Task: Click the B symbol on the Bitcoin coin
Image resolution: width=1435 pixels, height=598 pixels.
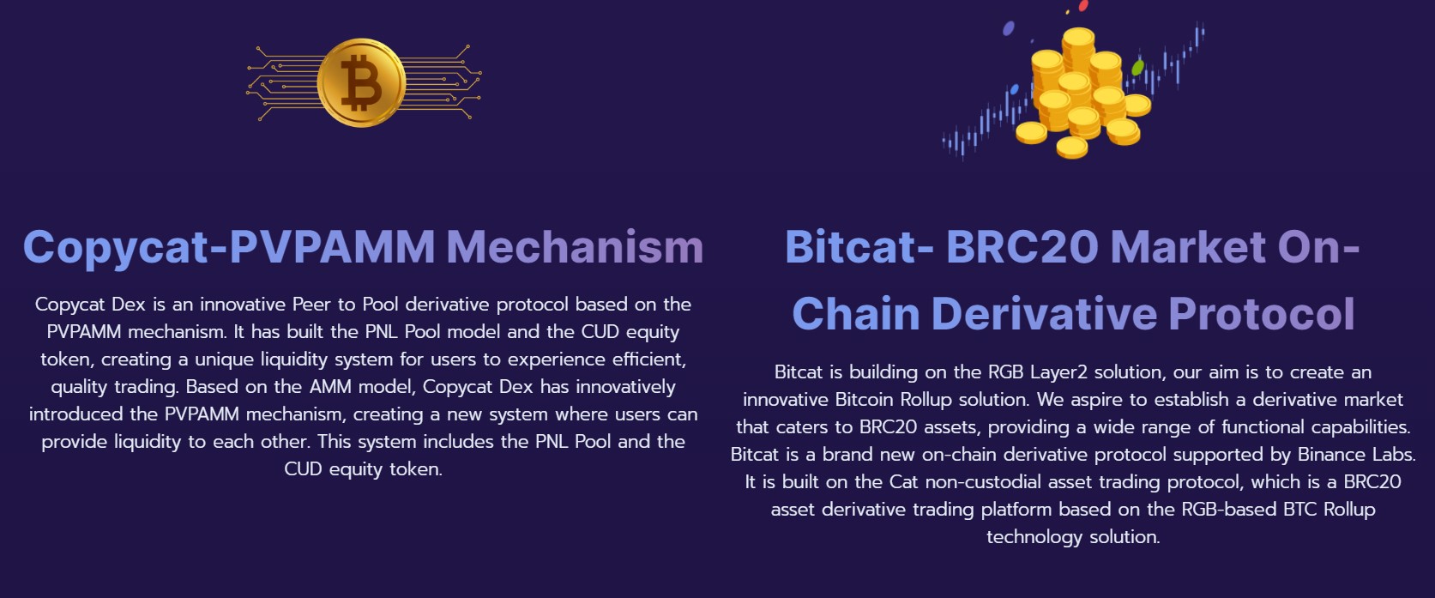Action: (x=360, y=82)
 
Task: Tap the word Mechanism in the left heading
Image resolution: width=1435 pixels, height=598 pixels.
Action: (x=575, y=247)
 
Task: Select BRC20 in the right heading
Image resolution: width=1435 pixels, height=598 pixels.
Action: (x=1022, y=247)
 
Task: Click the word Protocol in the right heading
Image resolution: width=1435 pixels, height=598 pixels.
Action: (x=1262, y=313)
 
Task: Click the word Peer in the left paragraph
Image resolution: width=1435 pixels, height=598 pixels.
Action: (x=312, y=304)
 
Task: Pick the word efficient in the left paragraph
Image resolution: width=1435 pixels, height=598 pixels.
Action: (x=649, y=359)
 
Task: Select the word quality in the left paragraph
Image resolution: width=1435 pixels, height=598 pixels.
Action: (x=80, y=388)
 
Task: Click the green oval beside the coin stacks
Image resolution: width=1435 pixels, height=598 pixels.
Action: (x=1137, y=67)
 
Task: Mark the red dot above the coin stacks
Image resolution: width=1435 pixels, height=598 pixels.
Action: (x=1083, y=6)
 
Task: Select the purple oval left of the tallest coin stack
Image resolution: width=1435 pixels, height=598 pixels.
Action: (x=1009, y=28)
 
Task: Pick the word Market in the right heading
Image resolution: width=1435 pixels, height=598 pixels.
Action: (x=1188, y=247)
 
